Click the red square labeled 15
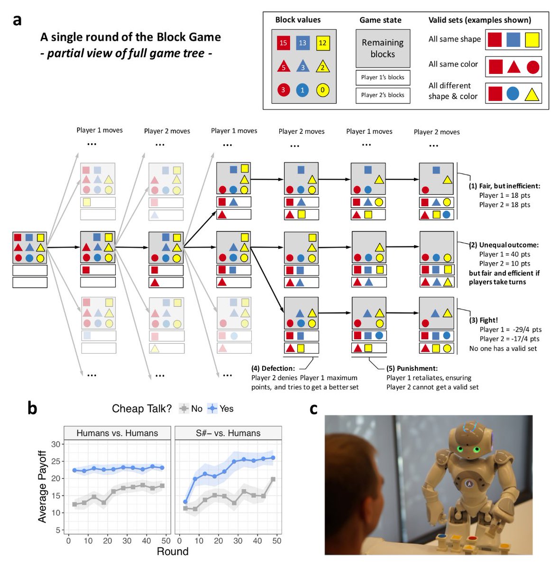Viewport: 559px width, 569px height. point(283,43)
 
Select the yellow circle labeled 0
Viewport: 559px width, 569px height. point(322,90)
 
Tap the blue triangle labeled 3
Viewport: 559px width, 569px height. point(302,67)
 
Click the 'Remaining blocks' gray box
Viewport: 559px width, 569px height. point(383,48)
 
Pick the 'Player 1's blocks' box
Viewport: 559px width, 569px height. point(383,77)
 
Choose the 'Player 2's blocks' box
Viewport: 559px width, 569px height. point(383,95)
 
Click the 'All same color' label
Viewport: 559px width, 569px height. point(453,64)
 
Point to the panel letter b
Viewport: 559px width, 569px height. point(32,407)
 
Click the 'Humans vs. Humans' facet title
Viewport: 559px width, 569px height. point(117,433)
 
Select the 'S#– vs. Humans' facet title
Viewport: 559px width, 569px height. point(228,433)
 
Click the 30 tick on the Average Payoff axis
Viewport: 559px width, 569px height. point(55,444)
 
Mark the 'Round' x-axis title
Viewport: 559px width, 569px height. point(173,551)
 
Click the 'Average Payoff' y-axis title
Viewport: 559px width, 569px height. point(43,486)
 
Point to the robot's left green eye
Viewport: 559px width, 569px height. point(459,449)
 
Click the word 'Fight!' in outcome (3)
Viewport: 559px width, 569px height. point(488,320)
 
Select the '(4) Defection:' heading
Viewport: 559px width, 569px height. point(273,368)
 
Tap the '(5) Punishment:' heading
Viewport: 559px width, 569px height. point(412,368)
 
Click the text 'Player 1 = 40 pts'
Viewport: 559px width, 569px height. point(504,254)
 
